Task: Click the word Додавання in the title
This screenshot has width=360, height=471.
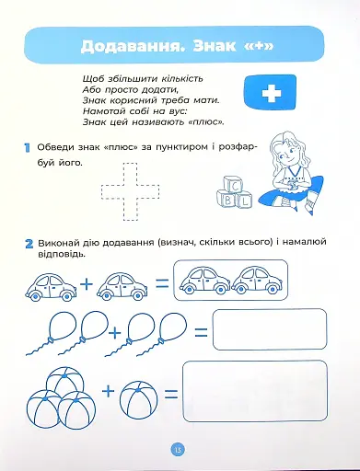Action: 134,47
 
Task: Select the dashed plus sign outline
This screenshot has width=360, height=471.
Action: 130,190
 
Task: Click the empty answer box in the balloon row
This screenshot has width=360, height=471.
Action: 270,328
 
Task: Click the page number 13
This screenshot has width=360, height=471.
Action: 179,448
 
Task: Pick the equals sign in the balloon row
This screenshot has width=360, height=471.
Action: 198,329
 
